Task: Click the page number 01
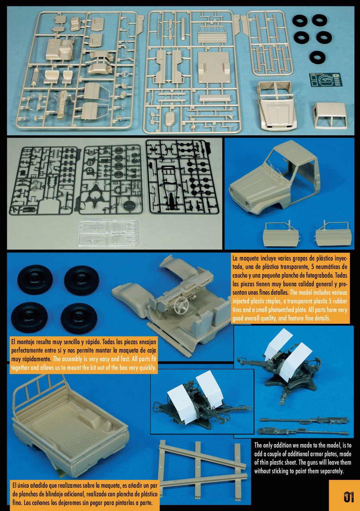click(x=349, y=497)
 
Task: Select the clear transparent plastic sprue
click(x=108, y=233)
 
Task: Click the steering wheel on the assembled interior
click(x=181, y=303)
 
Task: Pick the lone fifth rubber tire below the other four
click(x=318, y=57)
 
